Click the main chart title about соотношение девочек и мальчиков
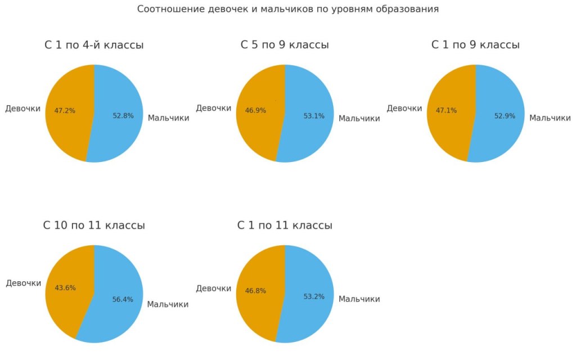click(x=287, y=9)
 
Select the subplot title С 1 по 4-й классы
click(x=94, y=45)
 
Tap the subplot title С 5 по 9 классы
click(x=285, y=45)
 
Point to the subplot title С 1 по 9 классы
click(x=475, y=45)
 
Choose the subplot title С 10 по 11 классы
click(x=94, y=226)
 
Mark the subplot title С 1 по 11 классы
click(x=285, y=226)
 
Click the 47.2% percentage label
click(x=65, y=111)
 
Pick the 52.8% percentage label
click(x=123, y=116)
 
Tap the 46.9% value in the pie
click(x=255, y=111)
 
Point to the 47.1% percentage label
click(x=446, y=111)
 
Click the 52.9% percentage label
click(x=505, y=116)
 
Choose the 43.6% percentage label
click(x=65, y=287)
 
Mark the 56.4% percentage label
click(x=123, y=299)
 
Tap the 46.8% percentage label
click(x=255, y=291)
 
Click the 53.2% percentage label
click(x=314, y=296)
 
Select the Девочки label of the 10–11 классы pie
click(x=24, y=283)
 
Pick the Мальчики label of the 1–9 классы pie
click(x=550, y=118)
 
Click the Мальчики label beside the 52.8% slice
click(x=168, y=118)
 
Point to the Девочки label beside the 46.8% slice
click(x=214, y=289)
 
